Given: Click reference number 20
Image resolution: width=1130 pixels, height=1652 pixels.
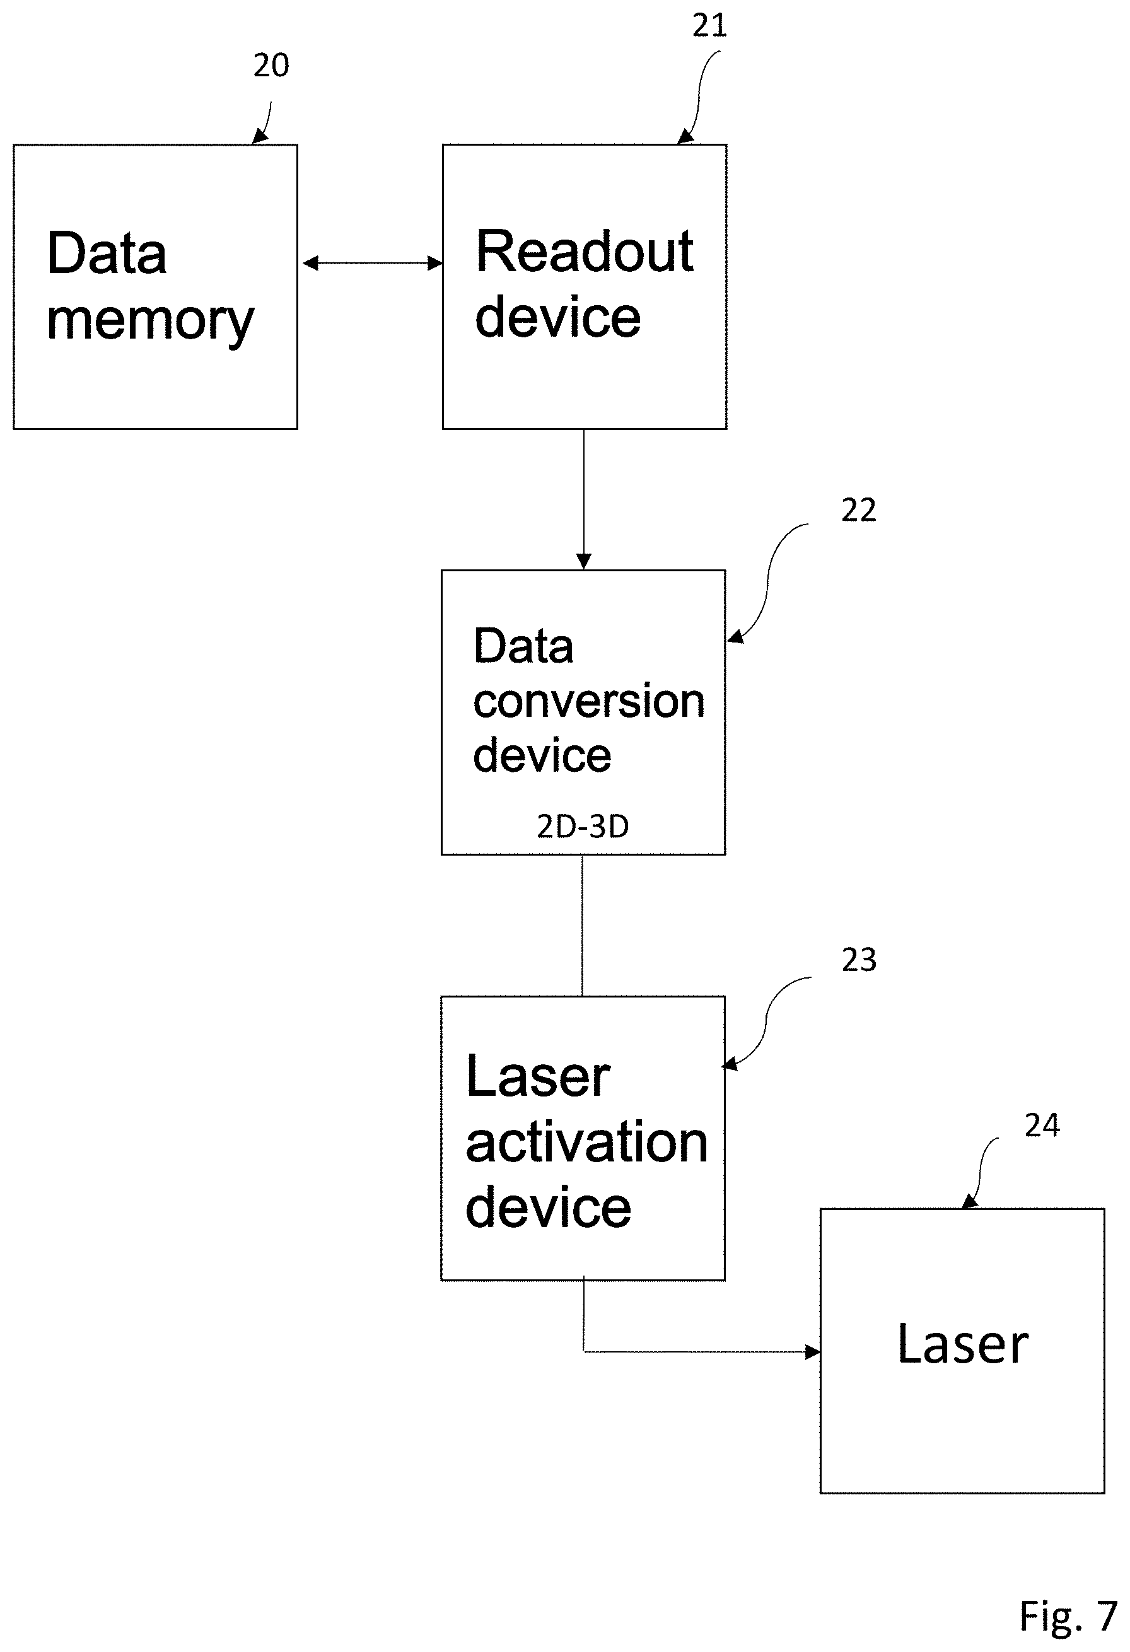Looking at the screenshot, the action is pos(271,66).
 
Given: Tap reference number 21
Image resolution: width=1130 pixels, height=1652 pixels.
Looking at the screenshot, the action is pos(709,26).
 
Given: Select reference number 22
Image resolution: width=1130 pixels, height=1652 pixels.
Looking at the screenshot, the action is pos(858,510).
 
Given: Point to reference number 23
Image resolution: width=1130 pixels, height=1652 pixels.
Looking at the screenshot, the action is pos(858,960).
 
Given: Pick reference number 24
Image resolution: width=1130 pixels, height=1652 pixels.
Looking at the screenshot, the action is pos(1042,1126).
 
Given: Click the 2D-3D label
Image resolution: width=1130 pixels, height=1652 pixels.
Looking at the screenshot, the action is pos(583,826).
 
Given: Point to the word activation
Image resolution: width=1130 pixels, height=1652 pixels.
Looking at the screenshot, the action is pos(586,1143).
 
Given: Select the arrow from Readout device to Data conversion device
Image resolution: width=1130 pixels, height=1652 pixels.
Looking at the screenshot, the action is pos(583,499).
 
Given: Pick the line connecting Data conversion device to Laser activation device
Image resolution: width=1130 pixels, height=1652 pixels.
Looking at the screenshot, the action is pos(582,925).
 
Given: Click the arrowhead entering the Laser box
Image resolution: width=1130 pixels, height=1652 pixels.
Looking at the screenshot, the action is pos(812,1352).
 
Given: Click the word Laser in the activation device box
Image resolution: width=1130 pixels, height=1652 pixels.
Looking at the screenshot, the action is pos(538,1077).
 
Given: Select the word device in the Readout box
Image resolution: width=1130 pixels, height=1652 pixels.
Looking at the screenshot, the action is pos(558,317).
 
